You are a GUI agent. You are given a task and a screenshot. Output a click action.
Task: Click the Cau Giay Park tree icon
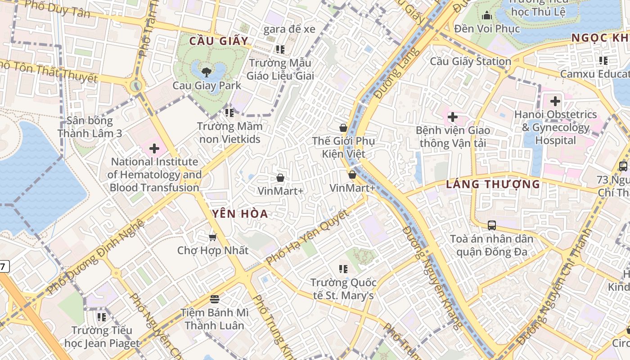206,72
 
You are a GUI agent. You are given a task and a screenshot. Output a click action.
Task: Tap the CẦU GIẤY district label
219,41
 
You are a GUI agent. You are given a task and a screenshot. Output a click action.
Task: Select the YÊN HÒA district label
238,214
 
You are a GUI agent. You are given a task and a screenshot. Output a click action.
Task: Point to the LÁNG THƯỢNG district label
493,184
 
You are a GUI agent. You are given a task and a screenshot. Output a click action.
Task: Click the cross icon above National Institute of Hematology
154,148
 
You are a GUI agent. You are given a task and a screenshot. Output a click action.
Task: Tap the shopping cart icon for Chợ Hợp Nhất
212,237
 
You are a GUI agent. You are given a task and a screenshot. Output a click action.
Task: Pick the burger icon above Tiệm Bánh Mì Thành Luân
214,299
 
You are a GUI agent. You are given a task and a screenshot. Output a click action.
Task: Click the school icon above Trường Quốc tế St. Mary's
343,269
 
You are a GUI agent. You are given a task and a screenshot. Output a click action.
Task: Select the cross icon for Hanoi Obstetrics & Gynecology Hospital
555,101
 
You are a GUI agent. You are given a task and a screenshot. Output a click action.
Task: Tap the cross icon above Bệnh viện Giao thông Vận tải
452,117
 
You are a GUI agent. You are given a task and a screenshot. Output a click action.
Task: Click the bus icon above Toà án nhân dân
491,225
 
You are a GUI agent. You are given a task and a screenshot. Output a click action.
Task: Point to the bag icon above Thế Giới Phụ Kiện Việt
343,128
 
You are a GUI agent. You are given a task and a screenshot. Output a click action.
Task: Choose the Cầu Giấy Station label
470,61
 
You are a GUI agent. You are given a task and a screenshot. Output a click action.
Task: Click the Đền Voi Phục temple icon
486,16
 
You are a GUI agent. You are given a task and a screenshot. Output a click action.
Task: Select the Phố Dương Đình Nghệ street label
95,257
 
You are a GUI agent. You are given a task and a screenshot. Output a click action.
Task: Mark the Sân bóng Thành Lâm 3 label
90,127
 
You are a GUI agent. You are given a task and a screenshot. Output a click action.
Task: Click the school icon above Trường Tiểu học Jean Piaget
102,317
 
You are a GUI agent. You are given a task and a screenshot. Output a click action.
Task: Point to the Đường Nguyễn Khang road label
432,277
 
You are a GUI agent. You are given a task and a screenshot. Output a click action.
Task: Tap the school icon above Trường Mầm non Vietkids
229,112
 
